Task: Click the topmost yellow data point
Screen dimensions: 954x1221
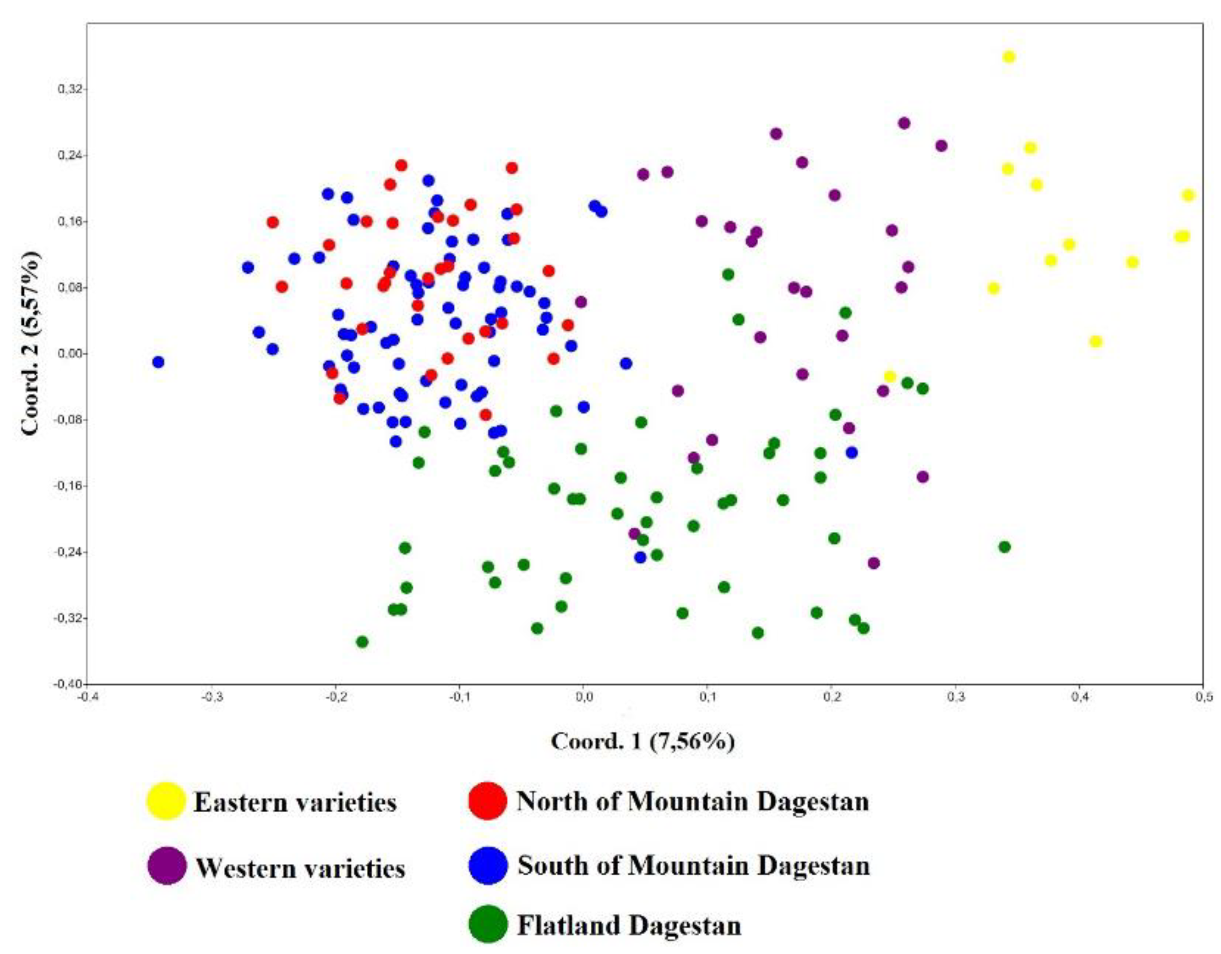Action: pos(1008,57)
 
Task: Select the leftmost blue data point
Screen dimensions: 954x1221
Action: pos(158,362)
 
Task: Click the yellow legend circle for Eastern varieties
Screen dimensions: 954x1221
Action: pos(166,801)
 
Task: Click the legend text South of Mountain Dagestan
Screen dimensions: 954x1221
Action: pos(693,866)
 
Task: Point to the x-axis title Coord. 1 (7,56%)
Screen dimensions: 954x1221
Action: pos(643,741)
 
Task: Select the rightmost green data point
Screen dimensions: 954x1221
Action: pos(1004,547)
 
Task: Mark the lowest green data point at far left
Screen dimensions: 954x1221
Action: pos(362,642)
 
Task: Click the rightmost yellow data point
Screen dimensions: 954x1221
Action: pos(1189,195)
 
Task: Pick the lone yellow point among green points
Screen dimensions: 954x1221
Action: pos(890,376)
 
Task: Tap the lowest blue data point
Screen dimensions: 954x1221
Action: pos(640,557)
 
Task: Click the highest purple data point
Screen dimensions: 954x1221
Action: pos(904,123)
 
